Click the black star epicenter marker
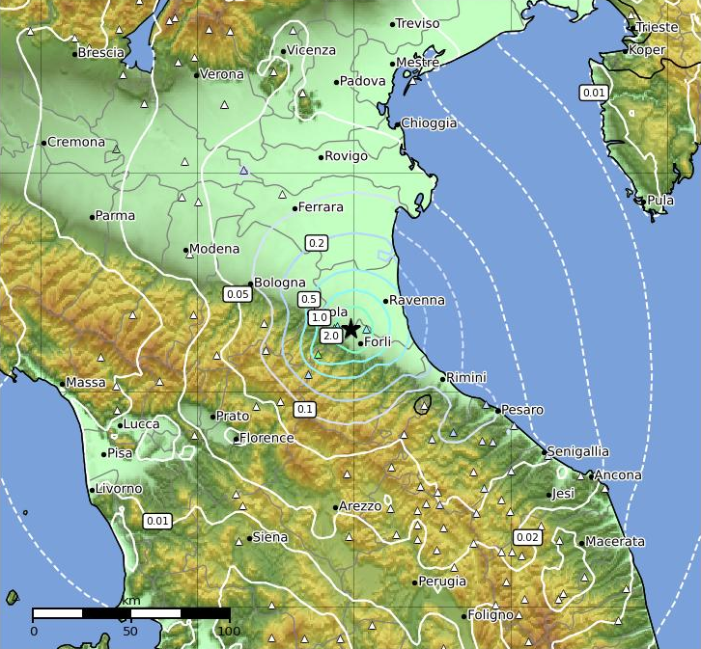click(351, 329)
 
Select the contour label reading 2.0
click(330, 336)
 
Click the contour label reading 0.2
click(316, 242)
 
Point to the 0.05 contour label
click(238, 294)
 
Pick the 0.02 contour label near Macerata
click(527, 537)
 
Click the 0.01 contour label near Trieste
click(594, 93)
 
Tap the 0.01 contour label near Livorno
click(157, 521)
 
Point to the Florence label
click(266, 438)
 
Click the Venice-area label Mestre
click(418, 63)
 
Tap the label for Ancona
click(619, 475)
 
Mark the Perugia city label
click(443, 581)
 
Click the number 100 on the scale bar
click(229, 632)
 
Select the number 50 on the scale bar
click(130, 632)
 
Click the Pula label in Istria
click(660, 201)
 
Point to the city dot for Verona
click(196, 74)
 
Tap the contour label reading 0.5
click(309, 299)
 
